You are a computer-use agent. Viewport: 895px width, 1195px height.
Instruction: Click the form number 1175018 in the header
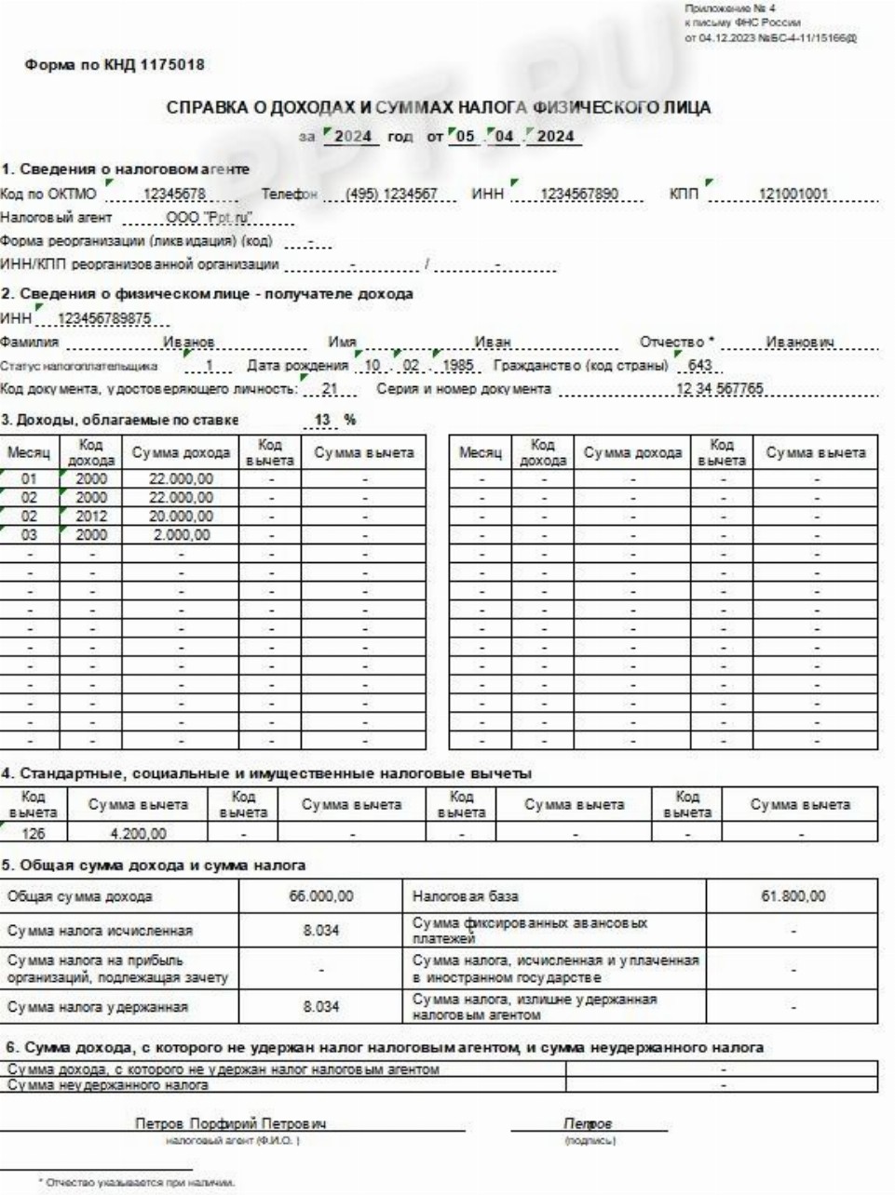(170, 65)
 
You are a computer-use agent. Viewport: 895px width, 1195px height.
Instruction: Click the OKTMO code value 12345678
(175, 195)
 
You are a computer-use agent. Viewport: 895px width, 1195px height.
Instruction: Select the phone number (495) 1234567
(391, 195)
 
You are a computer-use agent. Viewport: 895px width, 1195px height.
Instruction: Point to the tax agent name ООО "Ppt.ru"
(210, 218)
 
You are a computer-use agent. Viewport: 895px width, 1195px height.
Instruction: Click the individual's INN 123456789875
(104, 319)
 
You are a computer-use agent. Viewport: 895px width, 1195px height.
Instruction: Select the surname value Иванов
(189, 342)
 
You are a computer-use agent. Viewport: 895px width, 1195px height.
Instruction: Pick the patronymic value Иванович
(799, 342)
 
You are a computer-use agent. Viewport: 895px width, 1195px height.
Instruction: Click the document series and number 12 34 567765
(719, 389)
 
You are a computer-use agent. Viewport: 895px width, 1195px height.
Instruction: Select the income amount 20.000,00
(182, 517)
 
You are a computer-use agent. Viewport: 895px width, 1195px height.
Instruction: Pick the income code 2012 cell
(91, 517)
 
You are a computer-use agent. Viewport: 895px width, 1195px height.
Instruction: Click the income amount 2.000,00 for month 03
(182, 535)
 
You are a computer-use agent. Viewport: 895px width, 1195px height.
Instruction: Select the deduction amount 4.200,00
(138, 834)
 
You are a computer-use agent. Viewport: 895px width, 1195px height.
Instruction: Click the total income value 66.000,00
(321, 896)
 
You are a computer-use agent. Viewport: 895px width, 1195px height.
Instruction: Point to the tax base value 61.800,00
(793, 896)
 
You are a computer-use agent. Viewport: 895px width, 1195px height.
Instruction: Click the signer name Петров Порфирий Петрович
(231, 1123)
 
